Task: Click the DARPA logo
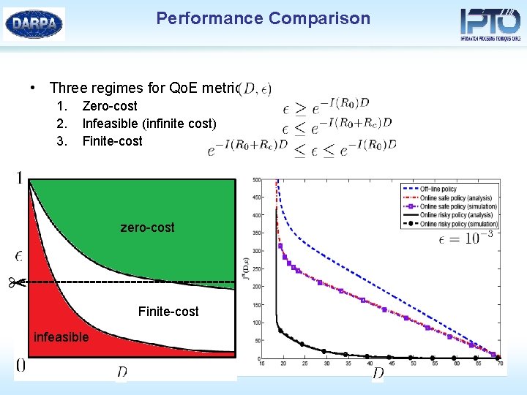(x=34, y=24)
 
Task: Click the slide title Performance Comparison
(x=263, y=18)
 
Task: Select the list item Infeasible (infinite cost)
(x=149, y=124)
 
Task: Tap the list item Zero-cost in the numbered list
(x=110, y=106)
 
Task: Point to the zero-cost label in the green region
(x=147, y=227)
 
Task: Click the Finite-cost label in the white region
(x=168, y=312)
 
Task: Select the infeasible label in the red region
(x=61, y=337)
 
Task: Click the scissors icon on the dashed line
(x=17, y=282)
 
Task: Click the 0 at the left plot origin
(x=20, y=365)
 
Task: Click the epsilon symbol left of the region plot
(x=19, y=255)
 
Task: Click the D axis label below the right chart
(x=378, y=374)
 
